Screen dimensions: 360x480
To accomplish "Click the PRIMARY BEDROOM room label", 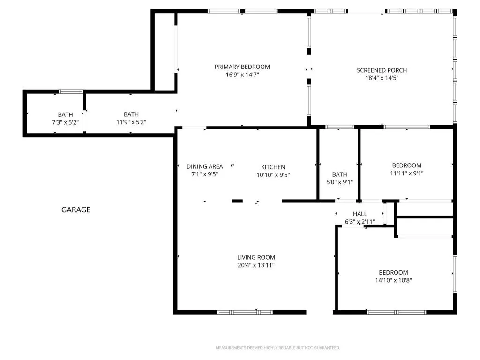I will (242, 67).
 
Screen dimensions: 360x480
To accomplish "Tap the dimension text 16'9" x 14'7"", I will (242, 75).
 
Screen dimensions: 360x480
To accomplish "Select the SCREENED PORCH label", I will (382, 70).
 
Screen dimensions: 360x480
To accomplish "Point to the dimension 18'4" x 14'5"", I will (382, 78).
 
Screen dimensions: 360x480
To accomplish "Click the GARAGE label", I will (75, 210).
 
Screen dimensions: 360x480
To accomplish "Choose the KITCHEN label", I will (273, 167).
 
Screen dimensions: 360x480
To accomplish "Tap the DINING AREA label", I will (204, 166).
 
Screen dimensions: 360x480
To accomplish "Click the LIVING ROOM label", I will (256, 257).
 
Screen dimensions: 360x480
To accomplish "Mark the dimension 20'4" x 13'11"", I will (256, 265).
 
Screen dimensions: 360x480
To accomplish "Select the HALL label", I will (360, 214).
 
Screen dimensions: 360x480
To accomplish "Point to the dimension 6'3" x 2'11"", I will (360, 222).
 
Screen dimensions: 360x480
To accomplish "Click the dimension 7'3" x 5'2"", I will (65, 122).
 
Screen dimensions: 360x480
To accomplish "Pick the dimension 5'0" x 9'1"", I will (339, 182).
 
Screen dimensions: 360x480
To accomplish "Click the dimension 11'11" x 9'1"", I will (406, 173).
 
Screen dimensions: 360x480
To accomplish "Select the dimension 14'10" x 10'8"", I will (393, 280).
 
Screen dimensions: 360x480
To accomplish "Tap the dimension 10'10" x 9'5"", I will (273, 175).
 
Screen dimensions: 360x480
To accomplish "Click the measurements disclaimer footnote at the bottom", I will (277, 348).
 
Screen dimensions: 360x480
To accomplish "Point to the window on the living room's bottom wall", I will (245, 312).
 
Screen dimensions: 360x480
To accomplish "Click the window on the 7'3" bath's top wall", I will (71, 91).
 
